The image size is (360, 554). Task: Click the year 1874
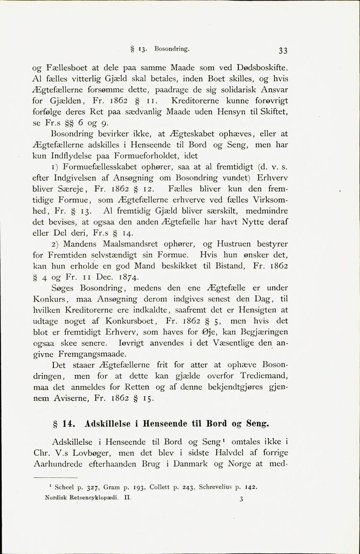point(126,277)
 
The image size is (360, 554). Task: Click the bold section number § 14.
point(63,423)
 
